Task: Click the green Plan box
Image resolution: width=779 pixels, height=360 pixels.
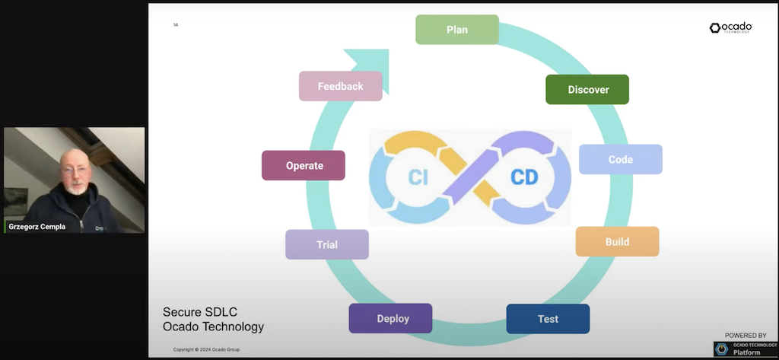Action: pyautogui.click(x=457, y=30)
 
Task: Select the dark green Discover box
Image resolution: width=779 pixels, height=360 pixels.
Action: pyautogui.click(x=587, y=89)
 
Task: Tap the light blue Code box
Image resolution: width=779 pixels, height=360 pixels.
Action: pyautogui.click(x=621, y=160)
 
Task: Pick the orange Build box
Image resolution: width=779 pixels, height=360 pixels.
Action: pyautogui.click(x=617, y=241)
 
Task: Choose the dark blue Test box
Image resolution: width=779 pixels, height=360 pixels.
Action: pyautogui.click(x=548, y=319)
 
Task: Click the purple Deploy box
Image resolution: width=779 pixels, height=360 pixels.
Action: pyautogui.click(x=390, y=318)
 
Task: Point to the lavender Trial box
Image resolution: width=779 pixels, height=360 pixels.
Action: pyautogui.click(x=327, y=244)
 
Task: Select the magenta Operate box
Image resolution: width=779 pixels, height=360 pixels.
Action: pyautogui.click(x=304, y=165)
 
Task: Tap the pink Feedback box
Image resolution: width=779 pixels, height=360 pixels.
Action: pyautogui.click(x=340, y=86)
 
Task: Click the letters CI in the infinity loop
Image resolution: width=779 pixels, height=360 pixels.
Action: pyautogui.click(x=417, y=177)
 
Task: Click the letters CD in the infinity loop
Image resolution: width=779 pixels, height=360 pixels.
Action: pyautogui.click(x=523, y=177)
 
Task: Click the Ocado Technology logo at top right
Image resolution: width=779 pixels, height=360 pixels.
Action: pyautogui.click(x=731, y=28)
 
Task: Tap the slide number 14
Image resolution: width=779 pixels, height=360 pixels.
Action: pyautogui.click(x=176, y=25)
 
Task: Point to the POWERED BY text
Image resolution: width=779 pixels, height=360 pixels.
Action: pyautogui.click(x=745, y=335)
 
